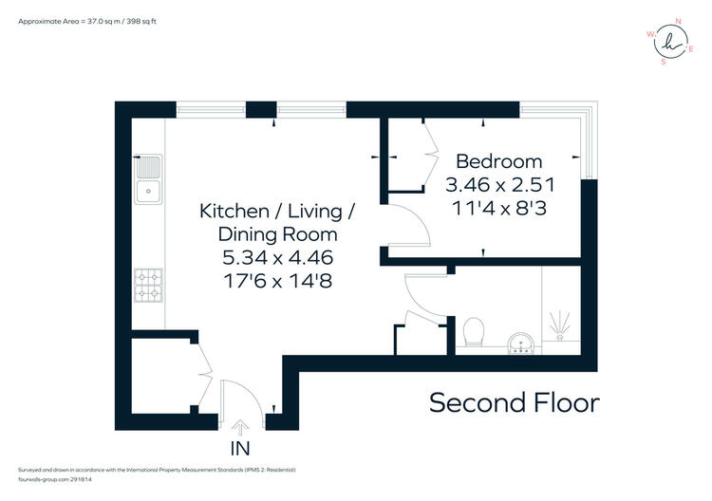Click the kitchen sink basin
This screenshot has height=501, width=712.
coord(148,179)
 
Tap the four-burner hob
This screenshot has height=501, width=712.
coord(148,286)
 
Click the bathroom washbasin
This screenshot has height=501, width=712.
coord(522,343)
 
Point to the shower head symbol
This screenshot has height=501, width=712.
coord(560,325)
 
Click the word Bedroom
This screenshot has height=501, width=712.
coord(499,161)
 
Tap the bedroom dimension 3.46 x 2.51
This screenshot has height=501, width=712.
coord(500,185)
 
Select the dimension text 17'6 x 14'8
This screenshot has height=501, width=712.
coord(278,281)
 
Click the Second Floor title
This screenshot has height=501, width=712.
coord(515,402)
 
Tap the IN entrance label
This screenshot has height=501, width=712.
coord(240,449)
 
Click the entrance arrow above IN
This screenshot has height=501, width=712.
coord(240,428)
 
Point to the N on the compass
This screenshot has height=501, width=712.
coord(679,21)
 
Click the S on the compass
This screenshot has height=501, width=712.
coord(664,63)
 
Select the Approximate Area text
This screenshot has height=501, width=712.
coord(87,21)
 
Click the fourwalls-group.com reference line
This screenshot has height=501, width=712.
coord(54,479)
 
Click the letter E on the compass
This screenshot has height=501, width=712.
coord(691,49)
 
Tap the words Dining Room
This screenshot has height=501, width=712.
coord(278,234)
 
